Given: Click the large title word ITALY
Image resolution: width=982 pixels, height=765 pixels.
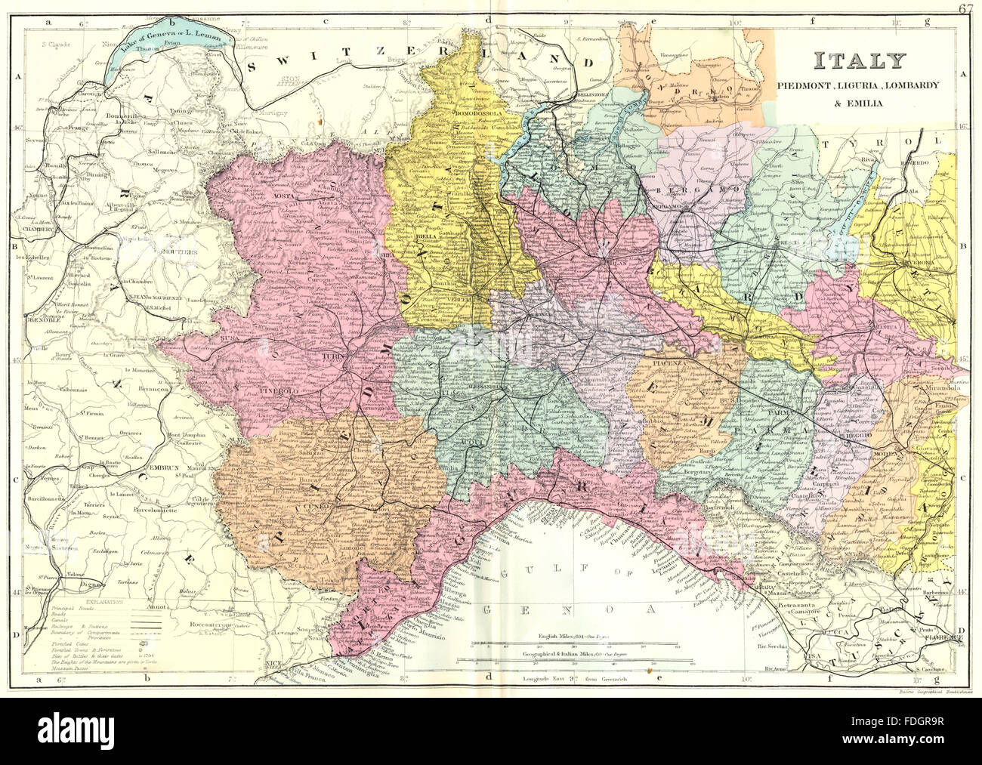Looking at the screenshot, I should point(858,61).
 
